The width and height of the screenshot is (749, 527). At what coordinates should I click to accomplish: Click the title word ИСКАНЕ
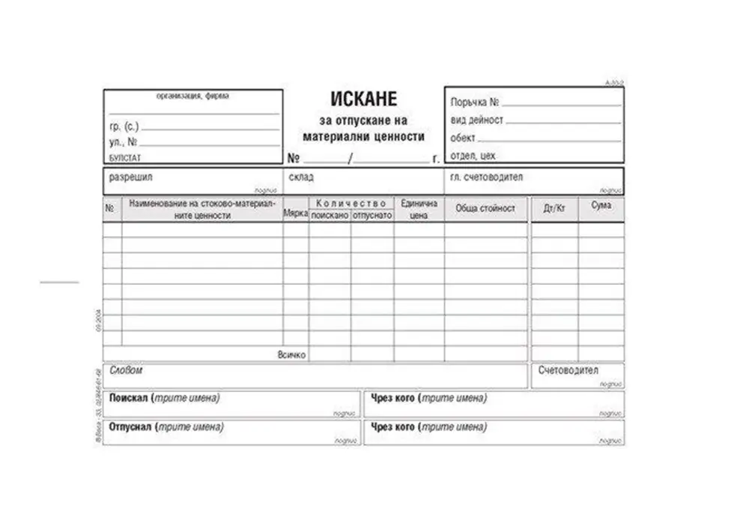363,99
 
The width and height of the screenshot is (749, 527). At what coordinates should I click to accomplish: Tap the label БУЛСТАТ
125,158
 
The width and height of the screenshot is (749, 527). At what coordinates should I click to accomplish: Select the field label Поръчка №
475,102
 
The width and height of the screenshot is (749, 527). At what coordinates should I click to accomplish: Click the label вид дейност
477,120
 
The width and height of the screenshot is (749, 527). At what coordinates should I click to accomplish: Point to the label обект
463,138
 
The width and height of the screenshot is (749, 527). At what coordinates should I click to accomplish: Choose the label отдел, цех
473,156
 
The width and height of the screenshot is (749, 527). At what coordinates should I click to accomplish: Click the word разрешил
131,178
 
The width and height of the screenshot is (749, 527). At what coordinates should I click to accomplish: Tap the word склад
301,178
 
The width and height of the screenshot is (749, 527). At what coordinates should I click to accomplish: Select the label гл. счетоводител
487,177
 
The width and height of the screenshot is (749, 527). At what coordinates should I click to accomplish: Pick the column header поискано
330,214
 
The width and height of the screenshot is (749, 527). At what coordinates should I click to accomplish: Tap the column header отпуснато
372,214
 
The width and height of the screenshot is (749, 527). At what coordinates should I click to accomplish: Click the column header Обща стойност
485,208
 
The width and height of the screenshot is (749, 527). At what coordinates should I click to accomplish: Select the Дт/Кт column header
554,208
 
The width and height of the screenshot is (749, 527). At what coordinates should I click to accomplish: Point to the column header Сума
601,205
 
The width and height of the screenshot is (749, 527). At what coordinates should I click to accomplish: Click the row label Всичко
291,355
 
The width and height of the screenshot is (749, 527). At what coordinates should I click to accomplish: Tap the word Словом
126,370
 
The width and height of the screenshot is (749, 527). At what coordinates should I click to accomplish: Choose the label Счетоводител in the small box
568,370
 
